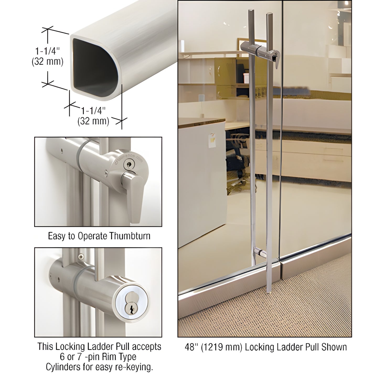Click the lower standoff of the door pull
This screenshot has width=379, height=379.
[260, 253]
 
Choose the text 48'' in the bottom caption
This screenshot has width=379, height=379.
[190, 347]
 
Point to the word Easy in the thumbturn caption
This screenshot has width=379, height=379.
[57, 236]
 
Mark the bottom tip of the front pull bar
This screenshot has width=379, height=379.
[269, 291]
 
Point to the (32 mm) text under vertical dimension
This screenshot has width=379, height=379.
[47, 62]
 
